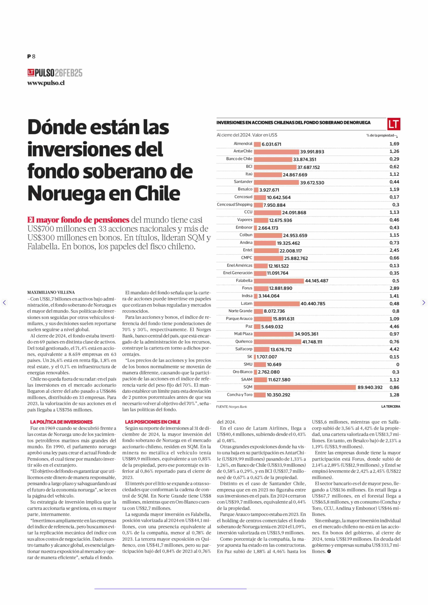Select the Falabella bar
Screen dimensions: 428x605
pos(279,281)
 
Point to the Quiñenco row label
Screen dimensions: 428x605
pos(244,341)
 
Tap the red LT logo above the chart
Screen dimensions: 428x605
pos(394,124)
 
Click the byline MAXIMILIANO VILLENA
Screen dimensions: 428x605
pos(51,292)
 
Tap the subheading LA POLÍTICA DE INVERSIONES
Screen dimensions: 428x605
pos(61,422)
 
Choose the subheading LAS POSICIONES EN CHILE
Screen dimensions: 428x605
pos(153,422)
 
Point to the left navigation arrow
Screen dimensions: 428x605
pos(4,303)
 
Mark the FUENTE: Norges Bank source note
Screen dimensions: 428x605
pos(232,407)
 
